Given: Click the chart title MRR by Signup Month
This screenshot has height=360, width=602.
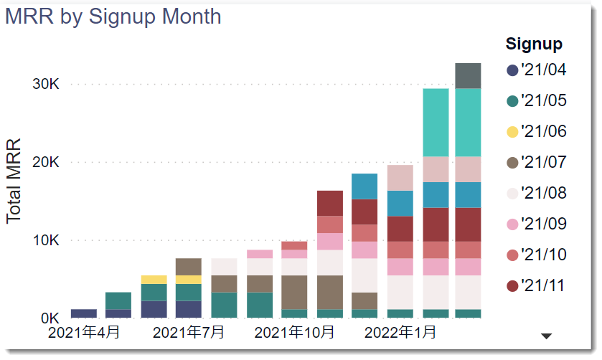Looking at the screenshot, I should [113, 16].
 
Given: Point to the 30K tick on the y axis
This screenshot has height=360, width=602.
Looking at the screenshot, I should [46, 84].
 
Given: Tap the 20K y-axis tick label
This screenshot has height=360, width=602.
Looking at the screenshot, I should [46, 162].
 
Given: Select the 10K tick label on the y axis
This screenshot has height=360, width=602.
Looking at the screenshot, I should [46, 240].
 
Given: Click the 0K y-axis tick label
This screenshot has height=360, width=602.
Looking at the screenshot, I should [50, 318].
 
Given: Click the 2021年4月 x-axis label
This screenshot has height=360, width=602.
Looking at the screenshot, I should [84, 333].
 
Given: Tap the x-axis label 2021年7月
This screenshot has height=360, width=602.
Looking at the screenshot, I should [189, 333].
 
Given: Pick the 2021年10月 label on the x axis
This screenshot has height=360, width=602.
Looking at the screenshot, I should [294, 333].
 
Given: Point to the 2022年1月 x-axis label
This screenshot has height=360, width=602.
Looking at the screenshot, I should [400, 333].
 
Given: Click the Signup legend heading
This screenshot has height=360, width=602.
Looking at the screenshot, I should [534, 44].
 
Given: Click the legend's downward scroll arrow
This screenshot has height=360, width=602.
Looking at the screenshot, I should [546, 336].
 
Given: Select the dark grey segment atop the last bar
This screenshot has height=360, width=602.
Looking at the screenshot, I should [468, 75].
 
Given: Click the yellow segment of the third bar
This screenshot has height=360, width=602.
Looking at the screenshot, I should [154, 280].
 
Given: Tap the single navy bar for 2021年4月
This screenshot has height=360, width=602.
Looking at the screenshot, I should [84, 313].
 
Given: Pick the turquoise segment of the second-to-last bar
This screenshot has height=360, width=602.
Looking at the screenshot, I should [436, 122].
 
